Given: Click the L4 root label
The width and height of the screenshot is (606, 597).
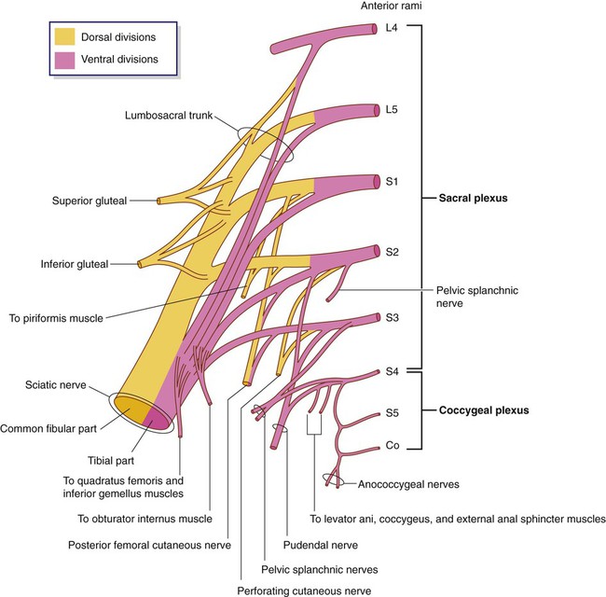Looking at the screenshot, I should pos(393,28).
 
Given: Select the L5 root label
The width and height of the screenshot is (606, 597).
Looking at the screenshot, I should pos(393,108).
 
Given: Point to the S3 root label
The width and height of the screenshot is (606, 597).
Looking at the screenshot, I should pos(393,318).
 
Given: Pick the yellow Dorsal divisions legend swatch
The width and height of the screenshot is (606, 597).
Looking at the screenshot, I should pos(66,38).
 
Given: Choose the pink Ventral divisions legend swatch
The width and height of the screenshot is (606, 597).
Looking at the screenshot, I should pos(66,60).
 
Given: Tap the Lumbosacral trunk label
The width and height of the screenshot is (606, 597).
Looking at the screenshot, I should pos(168,116).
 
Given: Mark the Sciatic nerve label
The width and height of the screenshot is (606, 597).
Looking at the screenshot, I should pos(58,384).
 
